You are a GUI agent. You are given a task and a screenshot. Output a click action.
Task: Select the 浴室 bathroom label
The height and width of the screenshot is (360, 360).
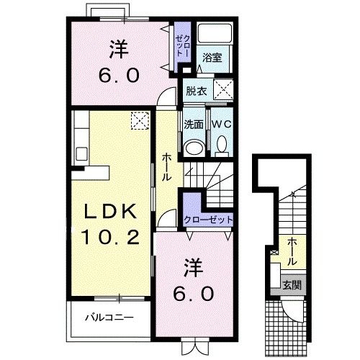point(211,57)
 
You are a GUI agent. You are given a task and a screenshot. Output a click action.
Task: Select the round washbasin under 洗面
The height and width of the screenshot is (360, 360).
point(193,147)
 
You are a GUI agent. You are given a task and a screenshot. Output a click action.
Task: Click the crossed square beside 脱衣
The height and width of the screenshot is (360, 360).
point(222,91)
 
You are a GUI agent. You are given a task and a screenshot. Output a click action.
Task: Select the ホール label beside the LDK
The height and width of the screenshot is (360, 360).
point(166,166)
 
